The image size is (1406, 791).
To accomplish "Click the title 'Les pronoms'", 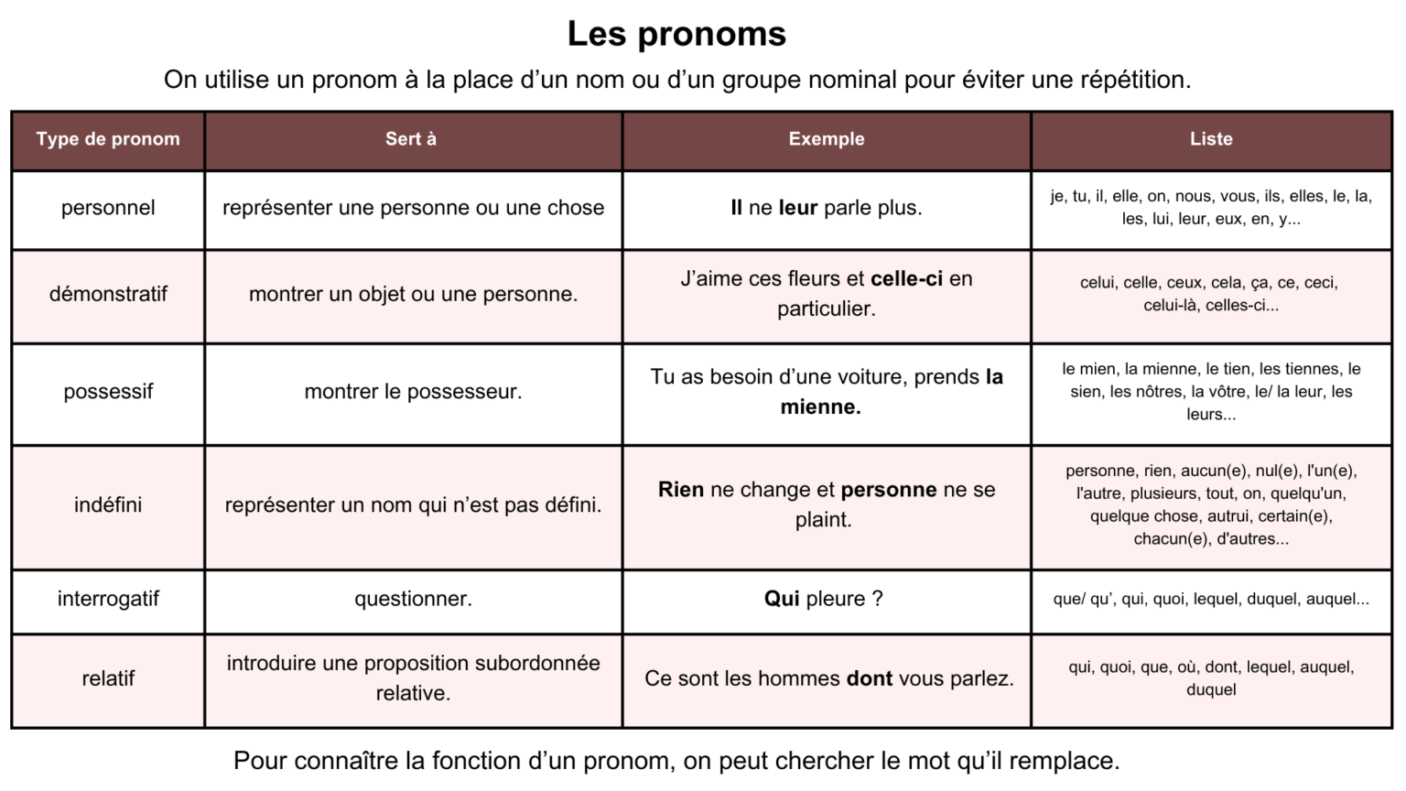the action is point(676,34).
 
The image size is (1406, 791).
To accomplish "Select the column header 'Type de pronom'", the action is point(108,139).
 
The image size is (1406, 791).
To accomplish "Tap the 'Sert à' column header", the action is point(411,139).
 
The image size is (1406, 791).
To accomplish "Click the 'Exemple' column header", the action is point(827,139).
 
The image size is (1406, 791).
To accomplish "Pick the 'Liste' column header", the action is point(1211,139).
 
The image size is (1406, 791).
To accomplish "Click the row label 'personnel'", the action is point(108,208).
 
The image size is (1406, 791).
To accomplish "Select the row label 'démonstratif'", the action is point(108,294).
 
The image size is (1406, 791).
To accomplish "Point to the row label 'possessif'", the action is point(108,392).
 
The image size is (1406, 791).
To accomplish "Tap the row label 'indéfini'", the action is point(108,504).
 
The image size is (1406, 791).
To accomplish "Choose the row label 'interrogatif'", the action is point(108,599).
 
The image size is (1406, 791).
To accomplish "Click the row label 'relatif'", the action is point(108,678).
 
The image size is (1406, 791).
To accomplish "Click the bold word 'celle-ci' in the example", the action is point(906,278).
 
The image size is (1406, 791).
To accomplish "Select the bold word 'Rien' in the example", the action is point(680,490).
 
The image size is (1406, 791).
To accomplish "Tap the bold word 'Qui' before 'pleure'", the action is point(782,599).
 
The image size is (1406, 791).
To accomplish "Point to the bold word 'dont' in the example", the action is point(869,678).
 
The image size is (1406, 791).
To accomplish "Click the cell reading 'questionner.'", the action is point(413,599).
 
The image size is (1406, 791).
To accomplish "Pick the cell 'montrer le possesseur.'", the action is point(413,392).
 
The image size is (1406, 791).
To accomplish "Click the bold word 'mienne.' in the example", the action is point(820,407).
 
